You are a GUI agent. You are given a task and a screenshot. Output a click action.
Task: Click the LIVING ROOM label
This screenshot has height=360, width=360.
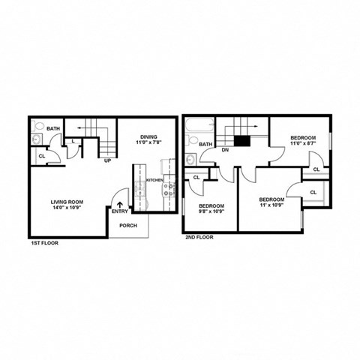pyautogui.click(x=66, y=202)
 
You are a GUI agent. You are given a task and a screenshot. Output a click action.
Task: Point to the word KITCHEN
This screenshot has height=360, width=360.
pyautogui.click(x=154, y=181)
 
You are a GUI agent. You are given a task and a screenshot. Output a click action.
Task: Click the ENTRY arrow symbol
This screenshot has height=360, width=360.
pyautogui.click(x=119, y=203)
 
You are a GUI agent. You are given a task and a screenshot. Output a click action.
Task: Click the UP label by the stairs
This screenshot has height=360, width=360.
pyautogui.click(x=108, y=160)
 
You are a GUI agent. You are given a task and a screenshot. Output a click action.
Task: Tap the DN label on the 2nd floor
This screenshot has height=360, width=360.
pyautogui.click(x=224, y=149)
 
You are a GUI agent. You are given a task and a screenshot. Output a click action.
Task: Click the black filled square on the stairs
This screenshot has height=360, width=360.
pyautogui.click(x=241, y=140)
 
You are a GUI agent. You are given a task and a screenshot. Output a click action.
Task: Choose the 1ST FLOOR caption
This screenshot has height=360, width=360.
pyautogui.click(x=44, y=244)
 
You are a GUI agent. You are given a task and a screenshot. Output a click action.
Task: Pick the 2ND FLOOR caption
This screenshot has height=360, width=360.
pyautogui.click(x=200, y=237)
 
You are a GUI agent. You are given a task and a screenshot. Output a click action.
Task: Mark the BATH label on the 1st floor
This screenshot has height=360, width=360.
pyautogui.click(x=52, y=129)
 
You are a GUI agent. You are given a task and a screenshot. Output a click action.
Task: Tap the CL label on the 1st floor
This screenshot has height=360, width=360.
pyautogui.click(x=40, y=156)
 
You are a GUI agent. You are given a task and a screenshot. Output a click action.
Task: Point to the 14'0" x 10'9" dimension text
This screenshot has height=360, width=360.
pyautogui.click(x=66, y=208)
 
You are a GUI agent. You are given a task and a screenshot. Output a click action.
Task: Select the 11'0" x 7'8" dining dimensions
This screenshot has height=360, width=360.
pyautogui.click(x=148, y=142)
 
